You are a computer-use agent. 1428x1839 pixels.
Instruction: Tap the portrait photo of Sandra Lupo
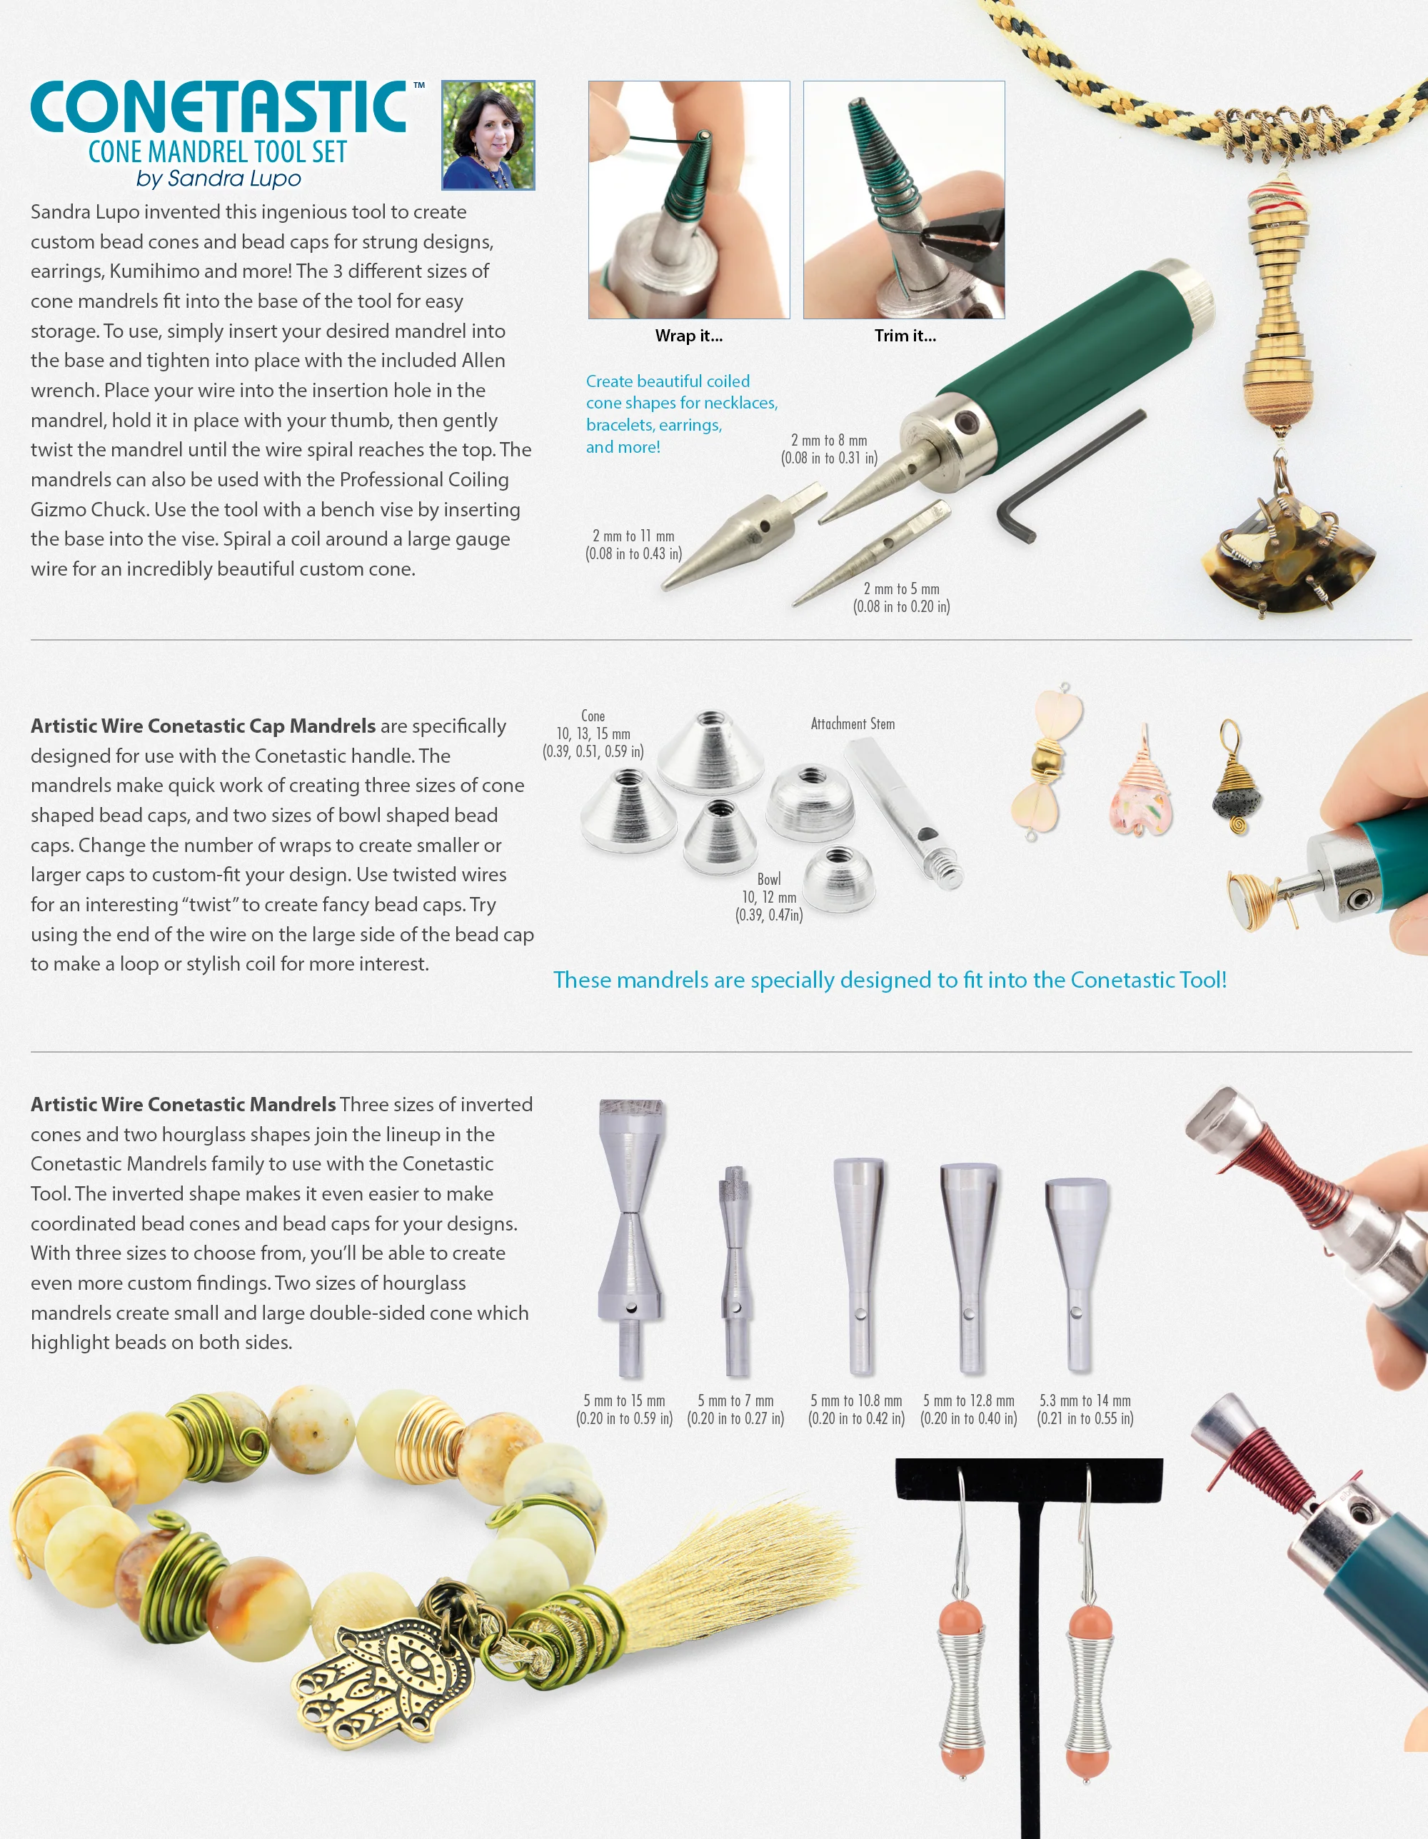(x=488, y=135)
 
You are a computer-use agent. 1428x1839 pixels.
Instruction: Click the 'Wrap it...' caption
(x=689, y=336)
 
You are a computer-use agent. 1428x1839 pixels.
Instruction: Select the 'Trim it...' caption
(x=905, y=336)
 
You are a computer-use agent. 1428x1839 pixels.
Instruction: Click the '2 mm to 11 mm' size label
(x=633, y=536)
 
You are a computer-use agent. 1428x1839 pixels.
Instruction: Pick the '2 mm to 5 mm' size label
(x=901, y=588)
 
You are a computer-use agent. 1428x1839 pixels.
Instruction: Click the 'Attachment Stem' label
(x=853, y=724)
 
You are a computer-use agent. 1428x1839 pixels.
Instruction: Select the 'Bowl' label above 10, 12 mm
(x=769, y=879)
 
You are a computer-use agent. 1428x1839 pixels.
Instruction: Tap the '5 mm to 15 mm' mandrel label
(x=624, y=1400)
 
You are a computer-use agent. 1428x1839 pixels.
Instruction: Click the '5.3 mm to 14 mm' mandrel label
(x=1085, y=1400)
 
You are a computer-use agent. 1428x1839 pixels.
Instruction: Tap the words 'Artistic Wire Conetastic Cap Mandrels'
(x=203, y=726)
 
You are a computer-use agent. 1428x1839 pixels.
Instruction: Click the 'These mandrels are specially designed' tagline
(x=890, y=980)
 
